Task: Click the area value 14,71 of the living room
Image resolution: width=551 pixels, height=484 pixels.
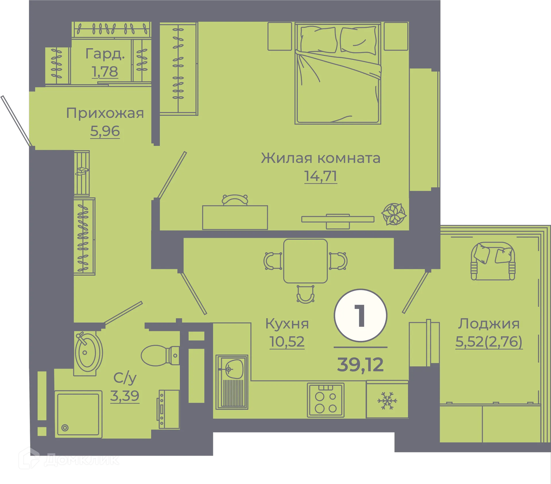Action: pos(320,176)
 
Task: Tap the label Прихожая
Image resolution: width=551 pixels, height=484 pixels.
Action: pos(105,113)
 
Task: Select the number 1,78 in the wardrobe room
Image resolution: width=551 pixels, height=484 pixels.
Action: pos(105,71)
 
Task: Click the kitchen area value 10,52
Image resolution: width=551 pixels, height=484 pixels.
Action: pos(287,341)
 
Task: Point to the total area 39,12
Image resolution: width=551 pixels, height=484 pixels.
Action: pos(360,365)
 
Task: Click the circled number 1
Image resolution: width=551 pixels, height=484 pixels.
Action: pos(360,315)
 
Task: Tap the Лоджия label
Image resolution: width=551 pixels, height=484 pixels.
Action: pos(489,324)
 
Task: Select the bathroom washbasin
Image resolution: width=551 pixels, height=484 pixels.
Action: pos(87,353)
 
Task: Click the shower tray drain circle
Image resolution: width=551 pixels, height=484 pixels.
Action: pos(65,428)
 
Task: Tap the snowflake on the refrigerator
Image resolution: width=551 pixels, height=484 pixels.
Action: pos(387,401)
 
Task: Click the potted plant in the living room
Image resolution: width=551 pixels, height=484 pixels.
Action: pos(394,214)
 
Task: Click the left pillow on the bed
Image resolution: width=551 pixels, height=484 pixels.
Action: pos(318,40)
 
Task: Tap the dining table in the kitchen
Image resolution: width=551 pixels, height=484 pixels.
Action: pos(305,261)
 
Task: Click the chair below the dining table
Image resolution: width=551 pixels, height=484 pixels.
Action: pos(305,294)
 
